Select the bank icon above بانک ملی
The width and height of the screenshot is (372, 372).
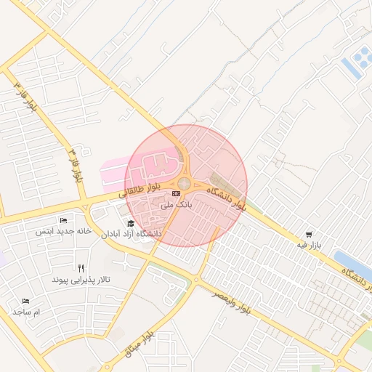coord(177,194)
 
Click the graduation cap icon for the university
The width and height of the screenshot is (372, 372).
coord(131,223)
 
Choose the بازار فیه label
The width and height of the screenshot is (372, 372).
coord(308,246)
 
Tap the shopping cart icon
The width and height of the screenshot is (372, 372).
coord(310,235)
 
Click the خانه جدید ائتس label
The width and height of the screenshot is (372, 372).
coord(64,231)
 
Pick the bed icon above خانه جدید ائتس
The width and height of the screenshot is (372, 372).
coord(64,220)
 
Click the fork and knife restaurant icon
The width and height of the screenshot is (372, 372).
coord(90,267)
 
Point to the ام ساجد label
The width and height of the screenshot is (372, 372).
coord(28,312)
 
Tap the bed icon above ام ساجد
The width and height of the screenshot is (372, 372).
coord(27,301)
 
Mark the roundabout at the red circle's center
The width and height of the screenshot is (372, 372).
coord(185,184)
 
